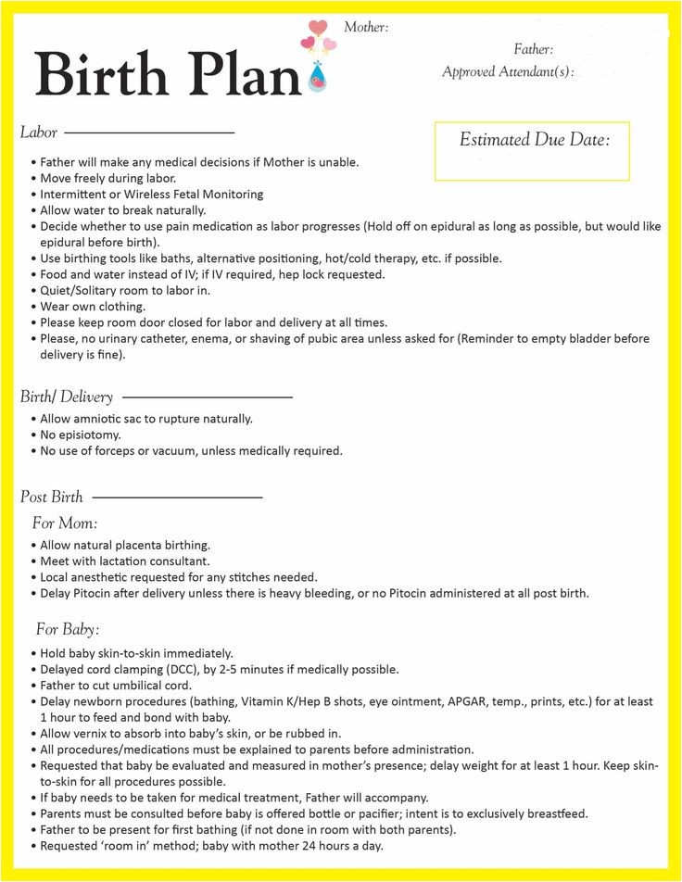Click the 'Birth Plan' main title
pos(168,73)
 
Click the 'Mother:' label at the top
pos(366,27)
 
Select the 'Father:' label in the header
pos(533,49)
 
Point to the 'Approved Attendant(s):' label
pos(508,71)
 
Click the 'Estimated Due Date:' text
pos(535,140)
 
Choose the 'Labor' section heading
pos(39,132)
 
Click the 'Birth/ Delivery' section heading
pos(67,397)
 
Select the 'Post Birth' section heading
pos(52,497)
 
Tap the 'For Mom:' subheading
pos(65,523)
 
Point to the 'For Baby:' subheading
pos(68,629)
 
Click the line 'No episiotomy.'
pos(81,435)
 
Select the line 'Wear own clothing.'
pos(93,307)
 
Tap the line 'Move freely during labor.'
pos(107,178)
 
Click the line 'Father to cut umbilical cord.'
pos(116,686)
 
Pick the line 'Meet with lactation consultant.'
pos(125,561)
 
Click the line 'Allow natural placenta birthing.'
pos(125,545)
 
